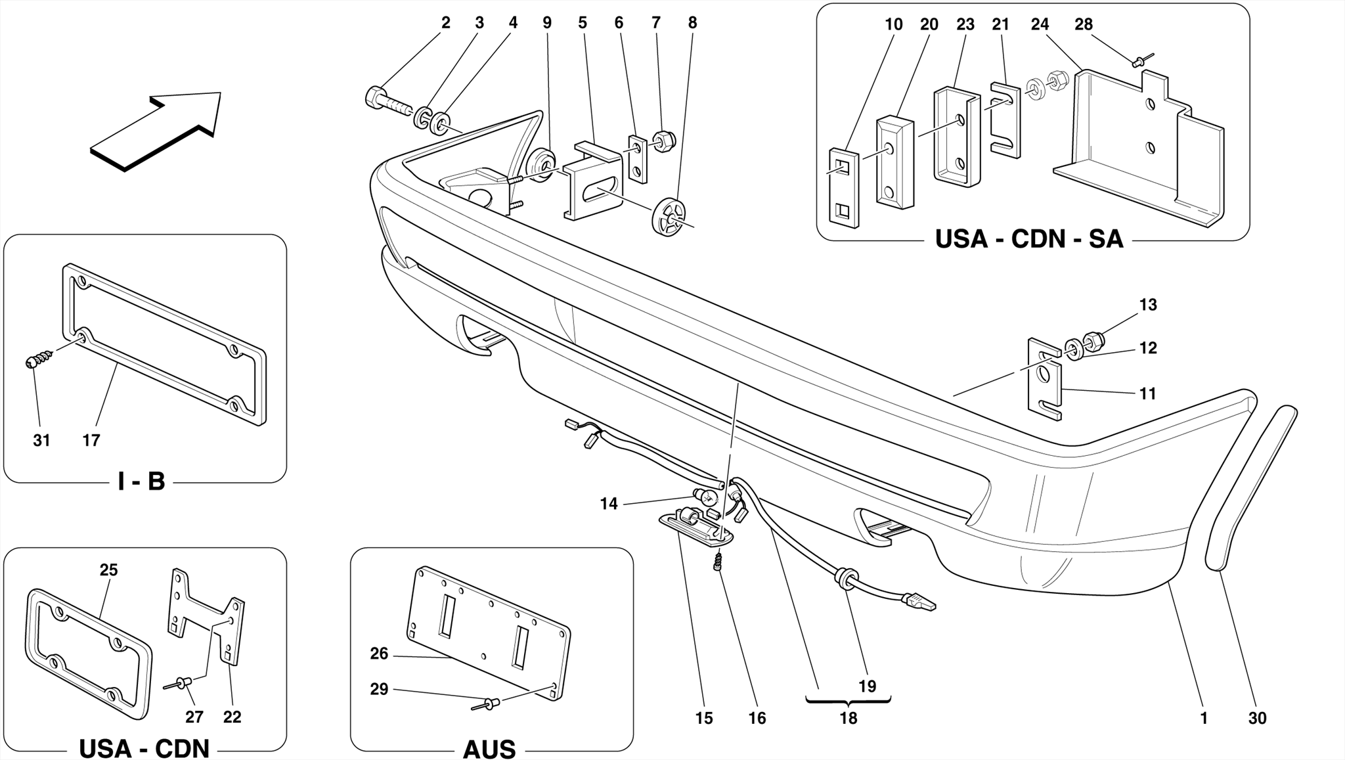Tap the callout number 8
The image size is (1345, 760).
point(692,23)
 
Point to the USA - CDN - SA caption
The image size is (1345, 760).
point(1028,239)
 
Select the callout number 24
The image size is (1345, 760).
point(1040,24)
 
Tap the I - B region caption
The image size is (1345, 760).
point(141,481)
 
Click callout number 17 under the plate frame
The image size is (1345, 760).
point(91,440)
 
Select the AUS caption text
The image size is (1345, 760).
point(489,749)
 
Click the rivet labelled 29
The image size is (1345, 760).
point(487,705)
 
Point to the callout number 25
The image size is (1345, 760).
point(109,570)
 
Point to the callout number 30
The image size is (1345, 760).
point(1257,718)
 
